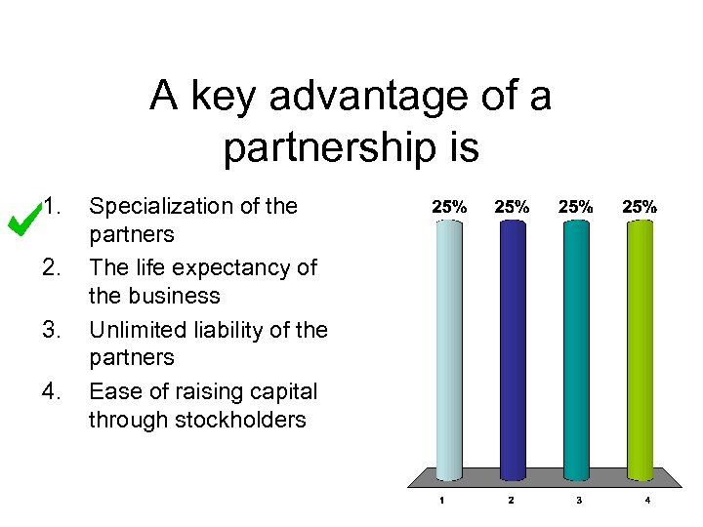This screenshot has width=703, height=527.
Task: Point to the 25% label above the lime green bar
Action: point(641,207)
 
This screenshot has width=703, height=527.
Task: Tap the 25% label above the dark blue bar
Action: point(512,207)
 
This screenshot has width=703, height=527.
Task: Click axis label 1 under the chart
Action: point(441,502)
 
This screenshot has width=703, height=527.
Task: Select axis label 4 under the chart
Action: point(646,502)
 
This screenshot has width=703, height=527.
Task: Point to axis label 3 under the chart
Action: point(579,502)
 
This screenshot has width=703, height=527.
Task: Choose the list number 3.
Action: point(53,330)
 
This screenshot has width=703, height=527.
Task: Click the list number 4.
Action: point(53,391)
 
